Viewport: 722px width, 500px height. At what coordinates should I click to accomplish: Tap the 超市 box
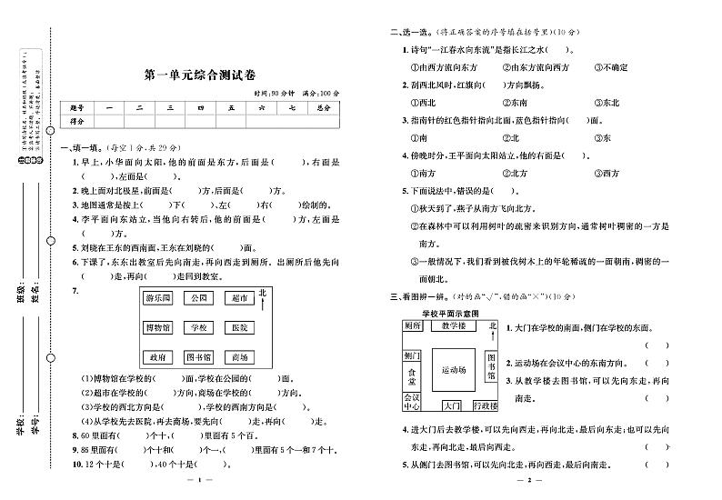click(x=239, y=297)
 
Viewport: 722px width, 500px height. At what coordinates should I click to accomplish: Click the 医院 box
click(x=239, y=327)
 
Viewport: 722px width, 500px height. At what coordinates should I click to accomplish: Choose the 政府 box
click(x=157, y=357)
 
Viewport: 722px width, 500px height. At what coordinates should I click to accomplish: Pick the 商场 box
click(x=239, y=357)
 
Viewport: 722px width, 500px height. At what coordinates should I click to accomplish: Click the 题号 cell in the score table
click(x=76, y=108)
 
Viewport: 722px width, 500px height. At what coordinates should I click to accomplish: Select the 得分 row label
click(x=76, y=121)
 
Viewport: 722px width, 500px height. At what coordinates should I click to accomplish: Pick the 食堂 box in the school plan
click(x=412, y=372)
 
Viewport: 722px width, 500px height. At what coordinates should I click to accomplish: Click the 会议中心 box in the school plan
click(x=412, y=402)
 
